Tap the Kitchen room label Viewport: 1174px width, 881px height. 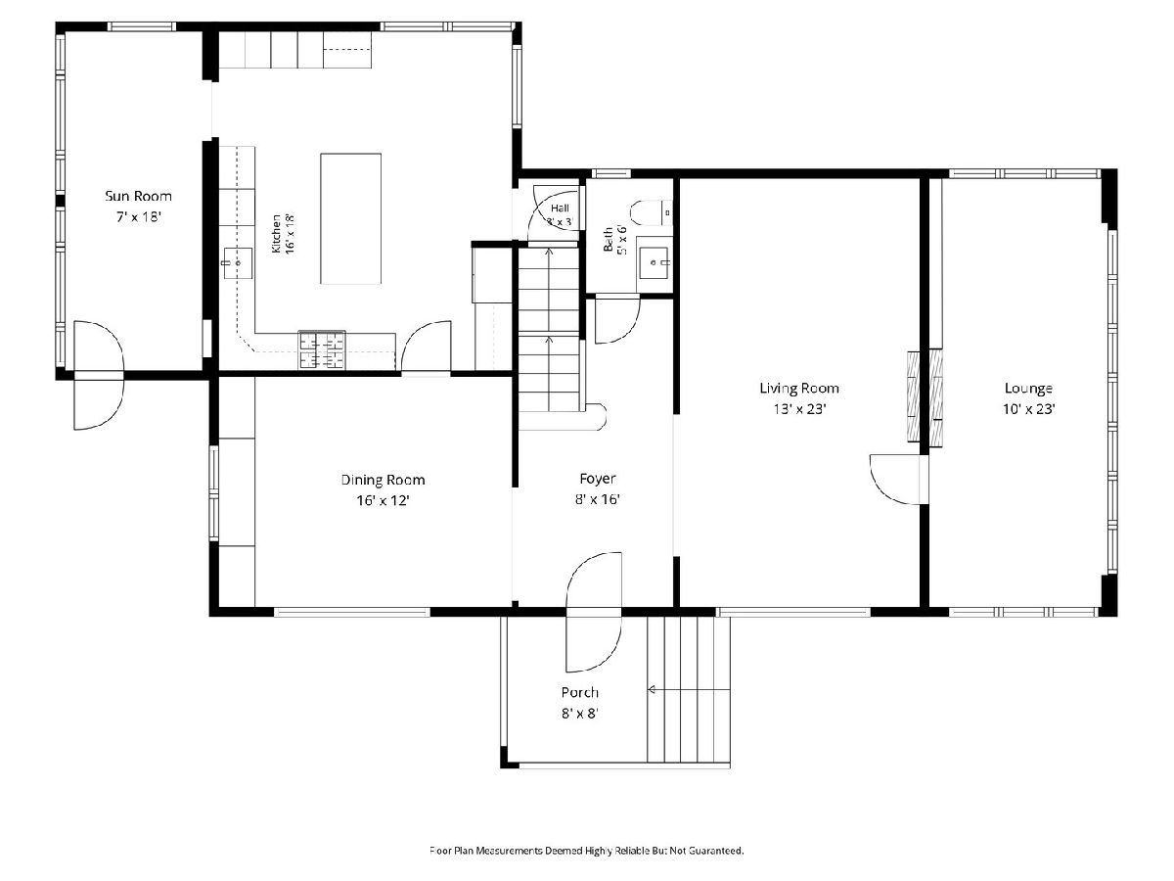click(276, 234)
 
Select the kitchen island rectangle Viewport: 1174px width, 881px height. click(350, 218)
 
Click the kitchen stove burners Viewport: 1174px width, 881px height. click(322, 350)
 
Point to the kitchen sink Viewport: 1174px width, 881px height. click(238, 263)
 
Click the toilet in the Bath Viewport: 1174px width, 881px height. click(651, 212)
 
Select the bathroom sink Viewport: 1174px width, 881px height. click(654, 262)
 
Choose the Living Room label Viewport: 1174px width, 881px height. click(799, 388)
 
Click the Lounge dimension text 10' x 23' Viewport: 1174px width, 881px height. click(1028, 409)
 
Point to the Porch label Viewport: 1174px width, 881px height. click(580, 693)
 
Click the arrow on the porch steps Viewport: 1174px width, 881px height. click(689, 689)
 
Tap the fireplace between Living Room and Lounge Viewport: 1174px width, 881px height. click(925, 396)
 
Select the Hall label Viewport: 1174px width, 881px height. click(560, 209)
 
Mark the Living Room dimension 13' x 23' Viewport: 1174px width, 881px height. click(799, 409)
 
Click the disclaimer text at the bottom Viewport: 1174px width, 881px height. click(587, 850)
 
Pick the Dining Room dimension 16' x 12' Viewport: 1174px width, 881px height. click(383, 500)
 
